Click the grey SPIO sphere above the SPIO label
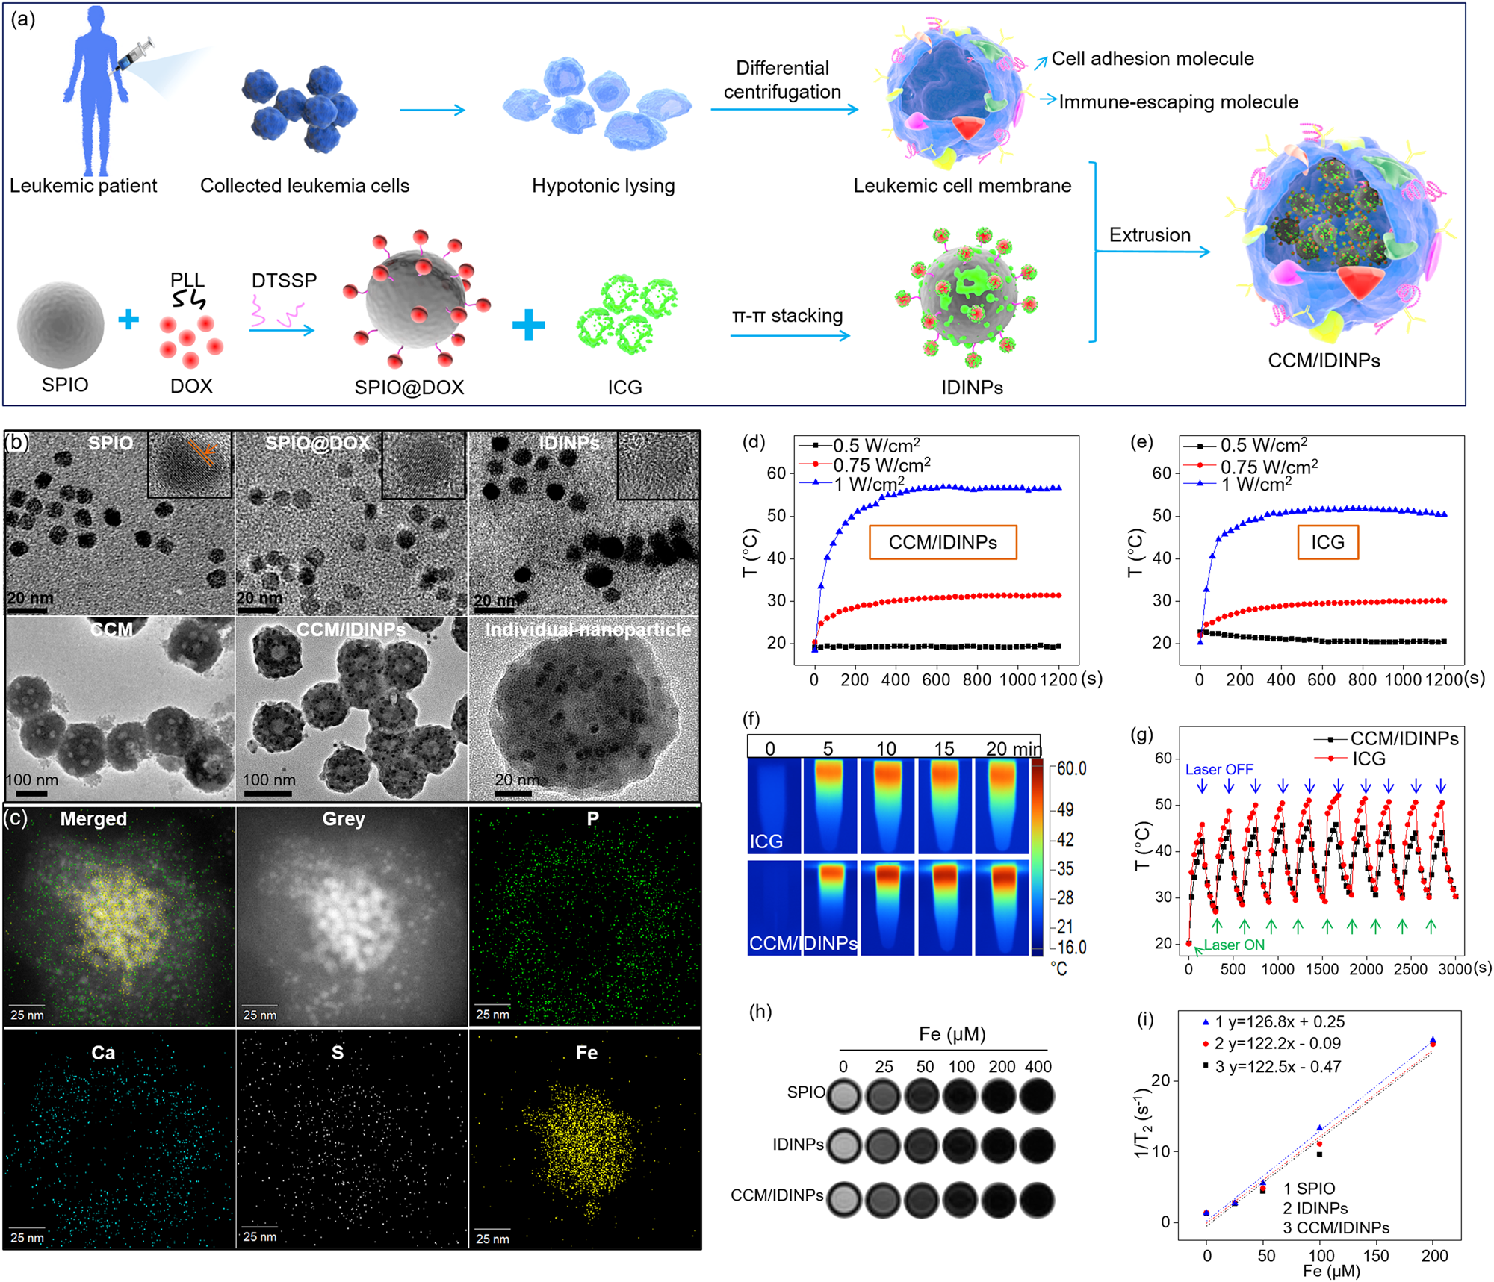(61, 325)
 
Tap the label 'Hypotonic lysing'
(603, 186)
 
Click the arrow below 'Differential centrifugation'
(784, 110)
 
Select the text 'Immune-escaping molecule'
(1178, 102)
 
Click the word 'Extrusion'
(1149, 235)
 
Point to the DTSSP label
(284, 281)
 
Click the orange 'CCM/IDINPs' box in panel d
(942, 542)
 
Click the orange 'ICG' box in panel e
(1327, 542)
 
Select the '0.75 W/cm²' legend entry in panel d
(881, 464)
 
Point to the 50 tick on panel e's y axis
(1162, 516)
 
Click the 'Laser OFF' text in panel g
(1218, 769)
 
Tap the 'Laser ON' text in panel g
(1233, 945)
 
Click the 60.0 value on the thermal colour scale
(1071, 769)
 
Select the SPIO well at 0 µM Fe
(844, 1096)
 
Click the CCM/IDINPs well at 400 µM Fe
(1037, 1200)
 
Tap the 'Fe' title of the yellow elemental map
(586, 1053)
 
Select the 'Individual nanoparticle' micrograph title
(588, 630)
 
